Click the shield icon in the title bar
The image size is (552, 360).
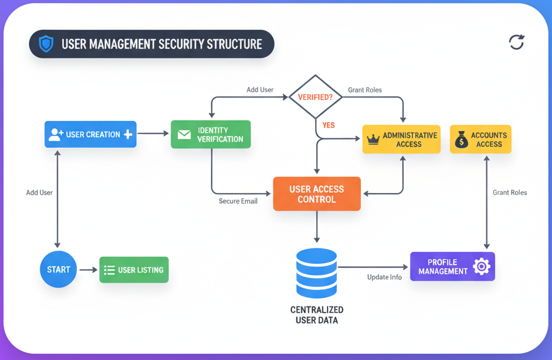point(46,44)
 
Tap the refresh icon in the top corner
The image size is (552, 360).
point(516,42)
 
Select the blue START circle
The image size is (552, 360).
point(58,269)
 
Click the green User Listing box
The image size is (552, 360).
point(134,270)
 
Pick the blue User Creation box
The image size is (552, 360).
point(91,134)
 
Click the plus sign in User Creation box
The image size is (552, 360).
point(128,134)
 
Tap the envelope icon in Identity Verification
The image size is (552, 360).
point(184,135)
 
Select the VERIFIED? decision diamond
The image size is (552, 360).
point(316,97)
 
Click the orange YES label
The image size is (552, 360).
point(328,125)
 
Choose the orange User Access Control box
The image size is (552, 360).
point(316,194)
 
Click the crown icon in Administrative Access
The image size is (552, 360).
point(373,140)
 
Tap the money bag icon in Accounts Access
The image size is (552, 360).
point(461,140)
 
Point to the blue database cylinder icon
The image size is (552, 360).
point(316,273)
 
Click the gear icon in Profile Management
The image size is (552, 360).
point(481,266)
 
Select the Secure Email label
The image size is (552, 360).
point(238,201)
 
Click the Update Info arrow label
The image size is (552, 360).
point(384,277)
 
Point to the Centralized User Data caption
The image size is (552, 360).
point(316,315)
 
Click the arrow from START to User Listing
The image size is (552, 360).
point(88,269)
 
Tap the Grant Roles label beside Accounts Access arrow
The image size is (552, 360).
point(509,192)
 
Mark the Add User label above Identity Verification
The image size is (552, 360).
point(260,89)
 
